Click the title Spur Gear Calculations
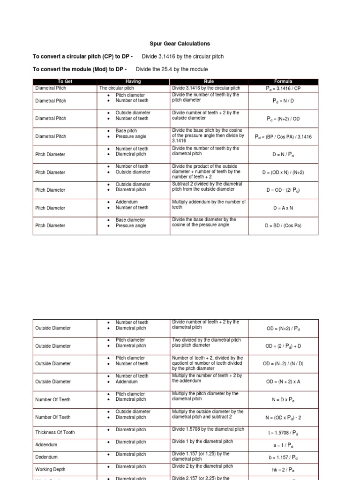[x=180, y=44]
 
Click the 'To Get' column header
[x=65, y=82]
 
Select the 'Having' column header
[x=133, y=82]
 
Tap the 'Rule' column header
[x=209, y=82]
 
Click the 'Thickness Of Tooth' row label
[x=55, y=433]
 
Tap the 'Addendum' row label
[x=45, y=444]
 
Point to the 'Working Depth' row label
[x=50, y=469]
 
